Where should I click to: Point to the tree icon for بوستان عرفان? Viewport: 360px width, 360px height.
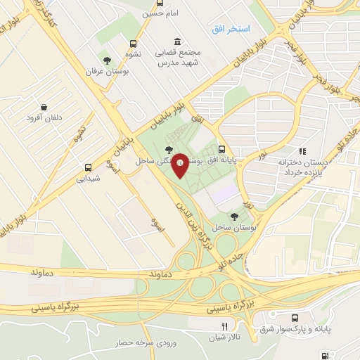click(x=106, y=60)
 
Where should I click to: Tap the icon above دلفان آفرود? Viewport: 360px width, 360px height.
click(x=44, y=106)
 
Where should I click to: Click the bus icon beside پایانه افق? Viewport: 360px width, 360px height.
click(x=222, y=149)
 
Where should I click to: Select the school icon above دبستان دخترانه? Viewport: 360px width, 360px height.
click(x=302, y=150)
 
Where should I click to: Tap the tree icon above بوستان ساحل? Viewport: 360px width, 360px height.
click(x=234, y=217)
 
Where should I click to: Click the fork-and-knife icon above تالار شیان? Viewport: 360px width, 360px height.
click(x=224, y=326)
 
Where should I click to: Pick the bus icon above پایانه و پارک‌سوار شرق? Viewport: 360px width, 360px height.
click(x=303, y=318)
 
